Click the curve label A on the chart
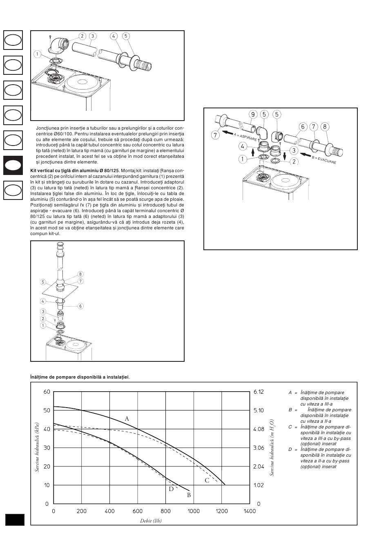[127, 419]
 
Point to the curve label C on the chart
[207, 480]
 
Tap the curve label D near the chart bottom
[171, 489]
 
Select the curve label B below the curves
[189, 495]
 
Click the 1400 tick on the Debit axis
[250, 511]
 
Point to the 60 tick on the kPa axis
[47, 392]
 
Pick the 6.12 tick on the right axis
[259, 392]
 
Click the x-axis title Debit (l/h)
[151, 521]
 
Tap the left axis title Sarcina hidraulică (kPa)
[37, 447]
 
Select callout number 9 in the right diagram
[253, 114]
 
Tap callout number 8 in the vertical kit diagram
[80, 274]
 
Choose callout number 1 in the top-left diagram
[37, 54]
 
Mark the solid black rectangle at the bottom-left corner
[15, 520]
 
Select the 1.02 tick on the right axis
[259, 485]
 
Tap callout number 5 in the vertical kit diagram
[43, 282]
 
